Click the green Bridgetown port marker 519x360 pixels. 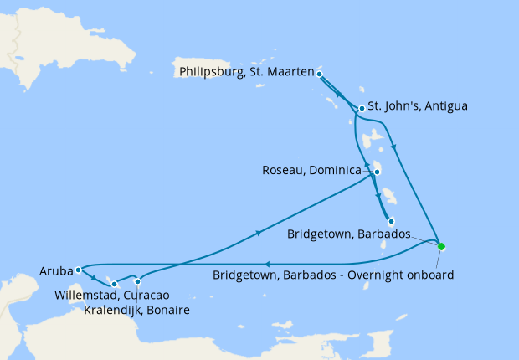441,246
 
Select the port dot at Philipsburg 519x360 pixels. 320,74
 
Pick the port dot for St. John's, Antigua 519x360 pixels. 361,108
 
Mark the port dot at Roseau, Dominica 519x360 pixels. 377,172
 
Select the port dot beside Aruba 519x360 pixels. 77,270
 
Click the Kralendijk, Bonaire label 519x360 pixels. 136,311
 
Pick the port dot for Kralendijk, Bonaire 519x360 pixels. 138,281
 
